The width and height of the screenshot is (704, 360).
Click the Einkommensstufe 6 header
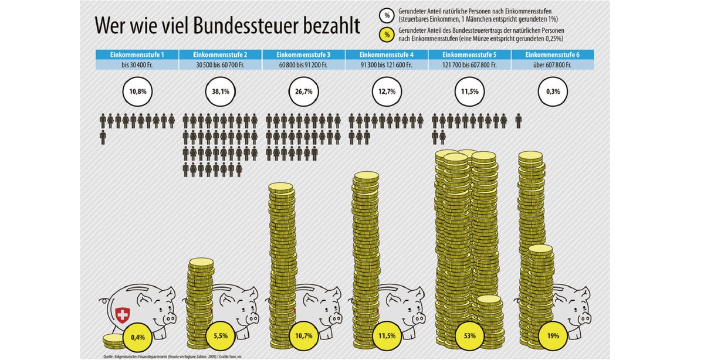click(552, 55)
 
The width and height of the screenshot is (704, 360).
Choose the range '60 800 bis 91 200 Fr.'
click(303, 65)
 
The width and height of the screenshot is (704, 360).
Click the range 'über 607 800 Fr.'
click(552, 65)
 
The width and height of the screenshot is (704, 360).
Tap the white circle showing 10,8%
click(137, 91)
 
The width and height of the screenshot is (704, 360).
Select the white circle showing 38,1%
click(221, 91)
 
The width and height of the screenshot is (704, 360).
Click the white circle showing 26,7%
click(303, 91)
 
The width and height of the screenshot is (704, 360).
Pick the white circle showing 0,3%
click(553, 91)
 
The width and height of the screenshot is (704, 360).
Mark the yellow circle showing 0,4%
click(138, 337)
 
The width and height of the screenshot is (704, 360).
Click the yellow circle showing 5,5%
click(221, 337)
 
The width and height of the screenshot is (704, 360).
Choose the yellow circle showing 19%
click(553, 337)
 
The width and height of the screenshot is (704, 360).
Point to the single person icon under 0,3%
click(519, 121)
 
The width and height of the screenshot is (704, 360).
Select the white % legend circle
click(386, 15)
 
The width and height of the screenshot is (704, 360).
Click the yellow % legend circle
click(386, 35)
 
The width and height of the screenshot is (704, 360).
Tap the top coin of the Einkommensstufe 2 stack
click(201, 263)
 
